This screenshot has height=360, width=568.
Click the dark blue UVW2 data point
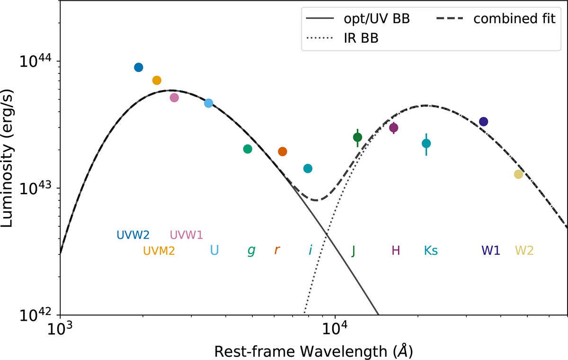(x=138, y=67)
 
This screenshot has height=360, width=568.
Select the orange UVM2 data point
(x=157, y=80)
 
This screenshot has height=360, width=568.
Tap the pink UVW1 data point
(x=174, y=98)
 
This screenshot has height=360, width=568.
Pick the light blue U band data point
(x=209, y=103)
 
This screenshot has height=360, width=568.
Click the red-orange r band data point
(x=283, y=152)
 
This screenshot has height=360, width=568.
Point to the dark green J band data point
(x=357, y=137)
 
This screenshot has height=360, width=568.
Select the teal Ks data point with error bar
(x=426, y=143)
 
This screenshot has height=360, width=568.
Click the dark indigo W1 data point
(x=483, y=122)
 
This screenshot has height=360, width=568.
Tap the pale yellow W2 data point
(x=518, y=174)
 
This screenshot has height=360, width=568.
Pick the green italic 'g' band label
(x=251, y=251)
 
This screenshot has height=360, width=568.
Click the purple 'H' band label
(x=396, y=251)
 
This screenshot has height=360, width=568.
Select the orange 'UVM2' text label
(x=159, y=251)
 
